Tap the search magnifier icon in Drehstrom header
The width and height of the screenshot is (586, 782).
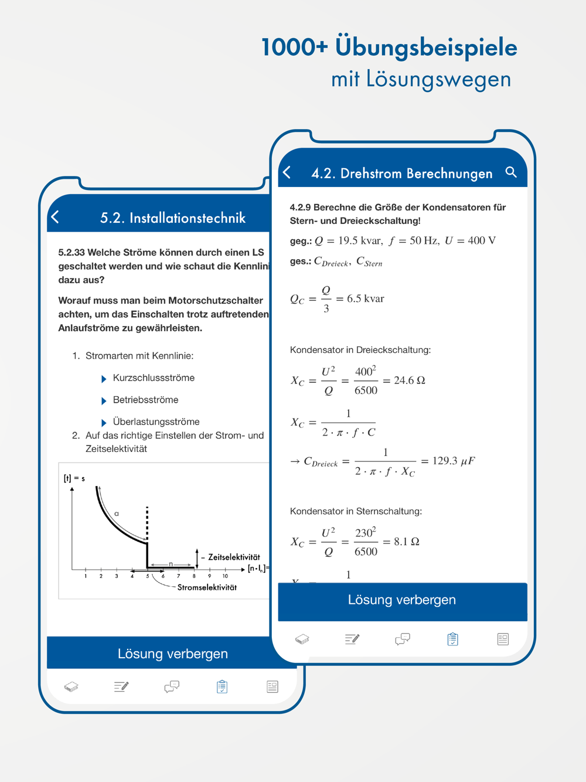(x=511, y=172)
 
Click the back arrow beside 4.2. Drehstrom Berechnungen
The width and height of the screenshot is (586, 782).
(x=287, y=172)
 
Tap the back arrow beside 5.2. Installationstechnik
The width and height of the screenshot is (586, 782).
(x=56, y=217)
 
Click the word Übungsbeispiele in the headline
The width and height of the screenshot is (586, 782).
(x=426, y=47)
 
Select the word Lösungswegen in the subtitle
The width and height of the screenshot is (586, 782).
(x=438, y=79)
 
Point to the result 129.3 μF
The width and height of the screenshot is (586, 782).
(x=454, y=461)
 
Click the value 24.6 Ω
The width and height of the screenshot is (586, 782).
(x=410, y=380)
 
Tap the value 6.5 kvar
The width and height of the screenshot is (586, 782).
(x=366, y=299)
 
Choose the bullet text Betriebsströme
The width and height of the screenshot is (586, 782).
(x=145, y=400)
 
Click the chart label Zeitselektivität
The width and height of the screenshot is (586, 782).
(x=234, y=557)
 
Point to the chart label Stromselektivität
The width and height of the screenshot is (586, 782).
(x=207, y=587)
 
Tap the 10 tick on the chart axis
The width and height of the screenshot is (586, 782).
(x=225, y=576)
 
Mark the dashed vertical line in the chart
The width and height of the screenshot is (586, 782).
(x=147, y=523)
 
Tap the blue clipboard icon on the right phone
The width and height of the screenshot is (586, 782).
(x=452, y=639)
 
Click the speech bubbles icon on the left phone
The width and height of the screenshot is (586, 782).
(x=172, y=686)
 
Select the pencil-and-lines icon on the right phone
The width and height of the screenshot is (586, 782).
(x=352, y=639)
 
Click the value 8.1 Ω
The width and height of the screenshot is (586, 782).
(x=407, y=542)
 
